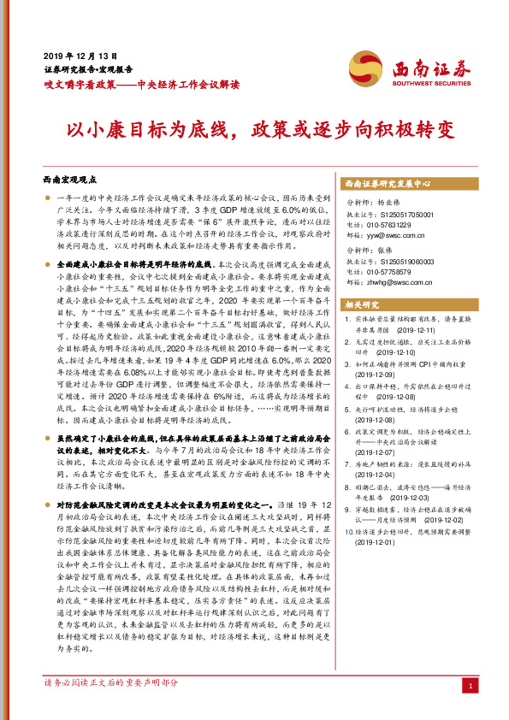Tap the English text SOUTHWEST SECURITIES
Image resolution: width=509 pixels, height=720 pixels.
tap(423, 83)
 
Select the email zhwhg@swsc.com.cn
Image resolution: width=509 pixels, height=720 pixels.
tap(410, 281)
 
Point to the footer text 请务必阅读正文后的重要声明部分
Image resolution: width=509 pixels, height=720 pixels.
tap(111, 683)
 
